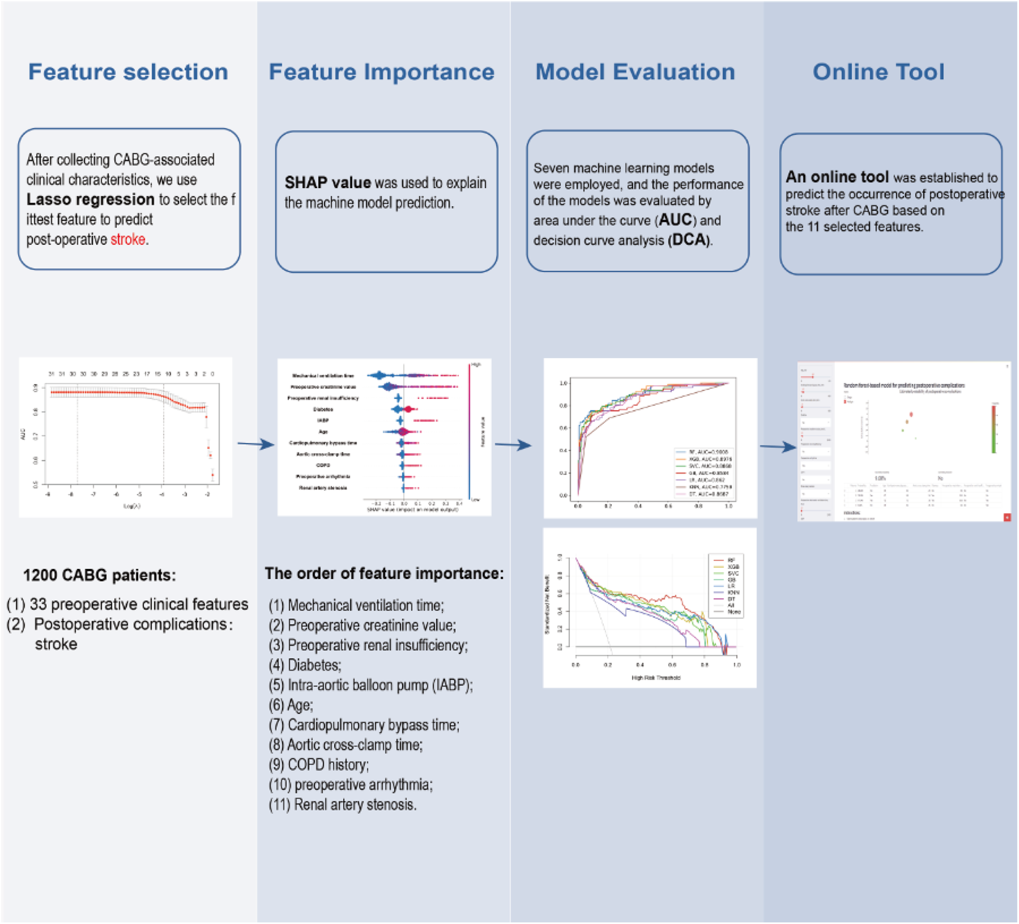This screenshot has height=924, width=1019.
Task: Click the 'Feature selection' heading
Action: [x=128, y=72]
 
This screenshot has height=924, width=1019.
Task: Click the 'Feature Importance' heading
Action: [x=381, y=72]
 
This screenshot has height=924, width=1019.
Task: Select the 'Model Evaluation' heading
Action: [x=635, y=72]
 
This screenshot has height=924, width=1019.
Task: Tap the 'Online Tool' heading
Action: [x=878, y=72]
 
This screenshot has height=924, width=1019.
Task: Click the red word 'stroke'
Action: [x=128, y=239]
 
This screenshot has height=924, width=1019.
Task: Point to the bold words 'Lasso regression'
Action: [x=90, y=200]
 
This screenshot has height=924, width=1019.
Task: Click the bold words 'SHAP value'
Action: [x=327, y=183]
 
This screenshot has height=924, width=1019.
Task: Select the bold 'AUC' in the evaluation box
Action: [x=675, y=220]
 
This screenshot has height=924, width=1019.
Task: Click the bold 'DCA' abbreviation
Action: [x=689, y=240]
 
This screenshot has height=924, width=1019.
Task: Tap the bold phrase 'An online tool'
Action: [x=836, y=177]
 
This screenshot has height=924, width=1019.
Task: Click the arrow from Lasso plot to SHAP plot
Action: [x=255, y=444]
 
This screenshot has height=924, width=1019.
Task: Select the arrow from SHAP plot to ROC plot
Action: [x=512, y=445]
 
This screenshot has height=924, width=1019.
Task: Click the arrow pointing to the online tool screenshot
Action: [x=778, y=447]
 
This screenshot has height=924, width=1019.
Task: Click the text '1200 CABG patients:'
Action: [x=100, y=575]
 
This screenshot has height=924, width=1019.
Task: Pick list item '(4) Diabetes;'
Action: [x=305, y=665]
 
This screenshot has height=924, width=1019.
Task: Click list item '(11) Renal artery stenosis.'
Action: [x=342, y=805]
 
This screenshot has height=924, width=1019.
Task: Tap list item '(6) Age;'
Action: [x=291, y=705]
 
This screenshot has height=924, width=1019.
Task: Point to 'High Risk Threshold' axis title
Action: [x=655, y=678]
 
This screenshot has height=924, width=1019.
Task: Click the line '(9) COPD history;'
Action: [x=319, y=765]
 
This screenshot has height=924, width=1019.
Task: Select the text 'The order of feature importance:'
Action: [x=384, y=574]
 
